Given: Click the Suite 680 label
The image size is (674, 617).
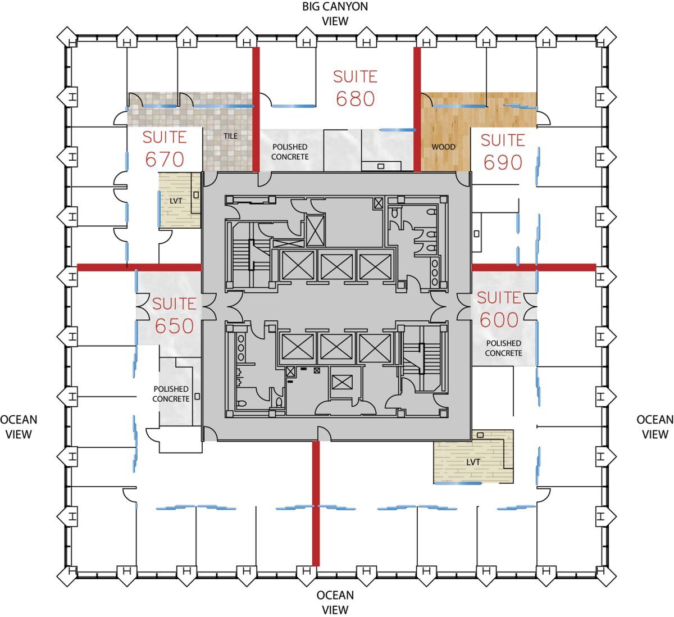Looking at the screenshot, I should [355, 88].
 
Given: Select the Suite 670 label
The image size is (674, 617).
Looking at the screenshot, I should [165, 148].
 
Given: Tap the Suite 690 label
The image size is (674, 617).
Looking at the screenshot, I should [503, 151].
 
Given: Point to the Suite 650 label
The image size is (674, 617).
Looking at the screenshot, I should [174, 315].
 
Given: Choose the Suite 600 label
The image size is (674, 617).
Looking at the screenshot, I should [499, 308].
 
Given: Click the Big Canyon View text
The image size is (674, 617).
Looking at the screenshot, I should [335, 14].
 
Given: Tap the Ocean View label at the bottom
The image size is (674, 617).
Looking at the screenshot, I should [335, 602].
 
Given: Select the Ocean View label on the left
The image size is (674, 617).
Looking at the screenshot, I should [19, 427].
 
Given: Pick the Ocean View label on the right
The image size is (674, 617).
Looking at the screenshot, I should [654, 427].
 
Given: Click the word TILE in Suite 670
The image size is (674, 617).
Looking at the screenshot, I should [230, 136].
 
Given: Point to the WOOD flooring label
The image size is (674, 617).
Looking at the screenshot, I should [443, 147].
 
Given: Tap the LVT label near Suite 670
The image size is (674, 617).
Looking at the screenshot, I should [176, 201].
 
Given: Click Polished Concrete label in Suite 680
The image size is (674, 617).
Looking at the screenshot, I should [290, 152].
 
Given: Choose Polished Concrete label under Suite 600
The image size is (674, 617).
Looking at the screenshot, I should [503, 348].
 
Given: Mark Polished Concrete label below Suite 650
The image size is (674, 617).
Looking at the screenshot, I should [171, 394].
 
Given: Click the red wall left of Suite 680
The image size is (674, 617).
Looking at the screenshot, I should [256, 110].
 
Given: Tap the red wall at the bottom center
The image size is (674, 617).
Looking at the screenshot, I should [316, 503].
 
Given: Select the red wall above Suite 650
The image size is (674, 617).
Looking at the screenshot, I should [139, 267].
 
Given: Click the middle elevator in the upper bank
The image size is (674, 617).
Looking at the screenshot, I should [336, 265].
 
